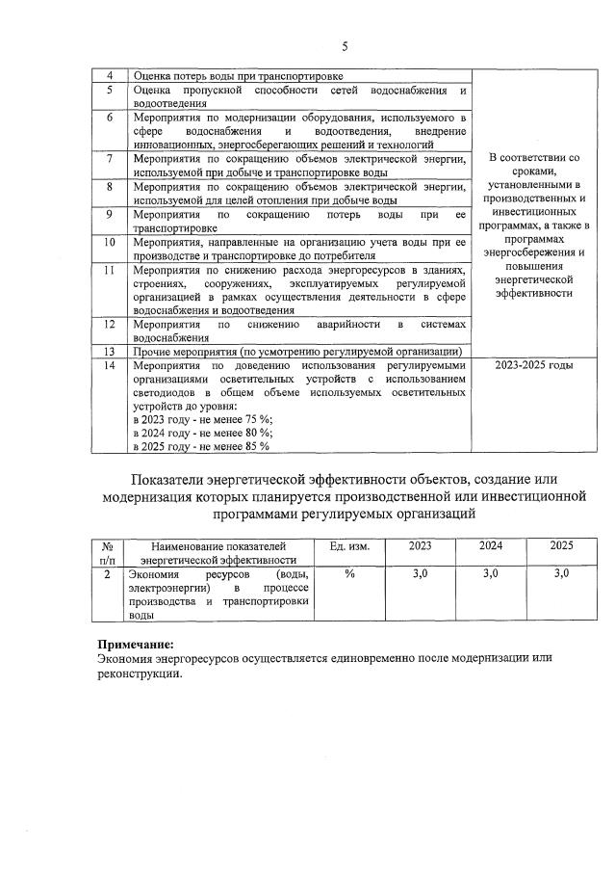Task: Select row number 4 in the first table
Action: coord(111,76)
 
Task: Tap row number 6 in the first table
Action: coord(111,118)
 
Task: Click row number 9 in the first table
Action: coord(111,214)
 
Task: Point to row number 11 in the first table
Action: coord(111,271)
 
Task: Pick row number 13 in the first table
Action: coord(111,352)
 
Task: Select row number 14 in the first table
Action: coord(111,366)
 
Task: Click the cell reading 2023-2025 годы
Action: coord(532,366)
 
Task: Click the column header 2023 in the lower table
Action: coord(420,545)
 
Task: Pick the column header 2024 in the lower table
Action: coord(490,545)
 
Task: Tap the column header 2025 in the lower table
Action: coord(561,545)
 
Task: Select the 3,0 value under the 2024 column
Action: coord(490,573)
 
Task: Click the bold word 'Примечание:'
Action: coord(137,644)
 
